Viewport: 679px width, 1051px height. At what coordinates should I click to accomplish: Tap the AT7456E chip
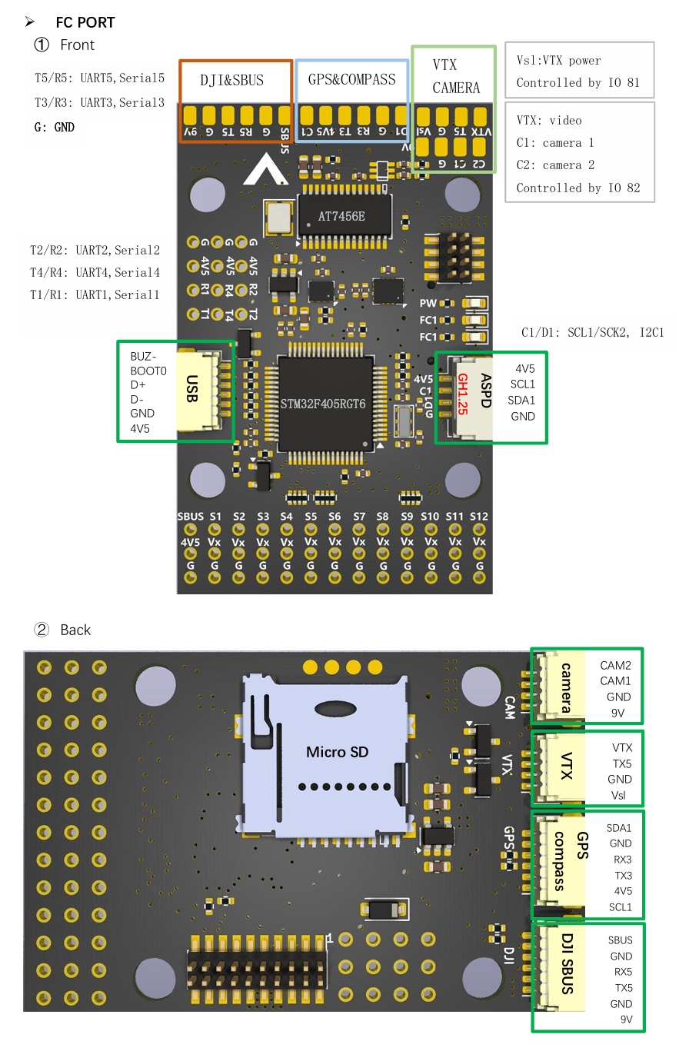[341, 216]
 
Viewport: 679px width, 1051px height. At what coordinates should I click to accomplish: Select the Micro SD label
[337, 752]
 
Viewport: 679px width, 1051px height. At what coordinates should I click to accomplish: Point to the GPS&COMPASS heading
[351, 79]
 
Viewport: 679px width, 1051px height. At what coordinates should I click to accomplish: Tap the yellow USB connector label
[191, 389]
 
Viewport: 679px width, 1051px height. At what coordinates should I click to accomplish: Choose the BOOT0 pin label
[148, 371]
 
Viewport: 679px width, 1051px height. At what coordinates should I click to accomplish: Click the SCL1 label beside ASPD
[522, 384]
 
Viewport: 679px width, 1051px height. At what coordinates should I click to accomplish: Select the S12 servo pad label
[478, 517]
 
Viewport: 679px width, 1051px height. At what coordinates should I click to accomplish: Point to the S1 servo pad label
[215, 517]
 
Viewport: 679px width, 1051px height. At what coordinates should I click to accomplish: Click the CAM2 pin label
[615, 665]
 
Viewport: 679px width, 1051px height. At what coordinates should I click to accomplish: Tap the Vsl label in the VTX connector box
[619, 795]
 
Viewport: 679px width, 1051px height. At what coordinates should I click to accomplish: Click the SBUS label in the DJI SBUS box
[620, 940]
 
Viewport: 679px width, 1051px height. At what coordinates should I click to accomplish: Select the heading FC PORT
[85, 23]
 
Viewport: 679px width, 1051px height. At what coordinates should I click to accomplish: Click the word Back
[75, 630]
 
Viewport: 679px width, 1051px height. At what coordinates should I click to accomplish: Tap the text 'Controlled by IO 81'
[577, 82]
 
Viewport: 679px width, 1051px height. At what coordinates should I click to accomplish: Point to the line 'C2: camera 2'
[554, 165]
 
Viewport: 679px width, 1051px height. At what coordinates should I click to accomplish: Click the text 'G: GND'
[55, 127]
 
